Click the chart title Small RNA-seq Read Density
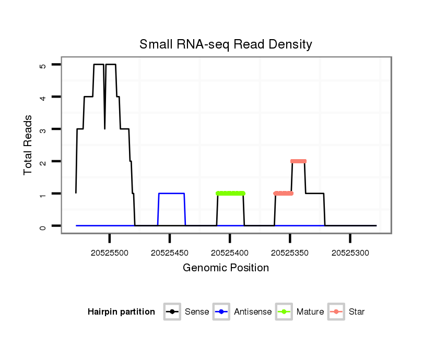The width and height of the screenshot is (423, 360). (x=226, y=44)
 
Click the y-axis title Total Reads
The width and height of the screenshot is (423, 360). (x=28, y=145)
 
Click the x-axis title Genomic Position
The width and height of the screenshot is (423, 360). (x=226, y=268)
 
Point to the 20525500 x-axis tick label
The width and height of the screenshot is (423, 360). (x=110, y=253)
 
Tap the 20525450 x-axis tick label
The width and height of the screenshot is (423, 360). (x=170, y=253)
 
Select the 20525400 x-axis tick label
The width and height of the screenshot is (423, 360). (x=230, y=253)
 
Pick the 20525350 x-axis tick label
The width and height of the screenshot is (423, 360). (x=290, y=253)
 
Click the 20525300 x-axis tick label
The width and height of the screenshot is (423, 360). (x=350, y=253)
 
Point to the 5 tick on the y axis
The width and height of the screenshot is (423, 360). (x=43, y=65)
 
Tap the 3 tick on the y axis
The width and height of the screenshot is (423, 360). (x=43, y=129)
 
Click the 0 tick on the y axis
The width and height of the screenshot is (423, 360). (x=43, y=226)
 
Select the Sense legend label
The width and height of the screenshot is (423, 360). (x=197, y=312)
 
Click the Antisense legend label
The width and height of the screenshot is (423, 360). (x=253, y=312)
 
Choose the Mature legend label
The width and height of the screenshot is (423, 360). (x=310, y=312)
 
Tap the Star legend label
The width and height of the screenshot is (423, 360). (x=357, y=312)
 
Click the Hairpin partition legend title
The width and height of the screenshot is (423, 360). (x=121, y=312)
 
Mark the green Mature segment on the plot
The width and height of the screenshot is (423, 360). (x=230, y=194)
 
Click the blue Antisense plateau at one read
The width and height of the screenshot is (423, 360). (x=171, y=194)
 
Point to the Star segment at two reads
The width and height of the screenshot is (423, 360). (x=298, y=161)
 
